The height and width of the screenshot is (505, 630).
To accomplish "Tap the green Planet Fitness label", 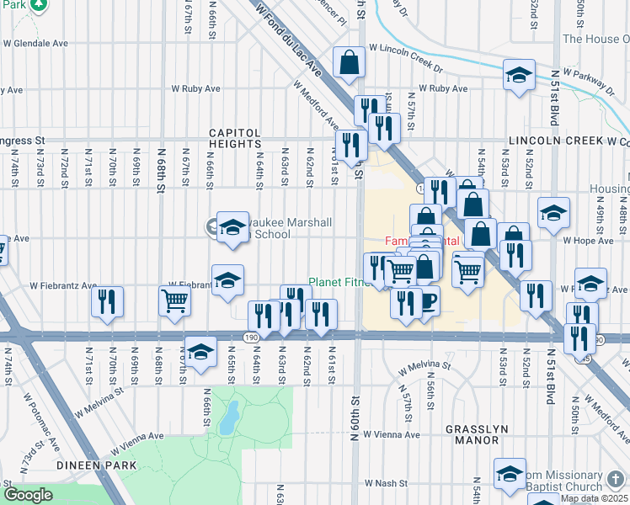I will (340, 282).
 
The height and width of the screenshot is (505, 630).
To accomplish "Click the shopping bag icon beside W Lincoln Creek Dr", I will (348, 61).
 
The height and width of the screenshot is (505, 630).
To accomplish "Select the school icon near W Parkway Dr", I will (520, 75).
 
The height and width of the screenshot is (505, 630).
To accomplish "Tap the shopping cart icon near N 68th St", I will (174, 300).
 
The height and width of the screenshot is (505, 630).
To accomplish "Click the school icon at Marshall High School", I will (232, 227).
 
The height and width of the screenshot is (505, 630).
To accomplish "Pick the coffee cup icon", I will (427, 300).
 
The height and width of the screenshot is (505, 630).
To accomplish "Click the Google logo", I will (28, 494).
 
